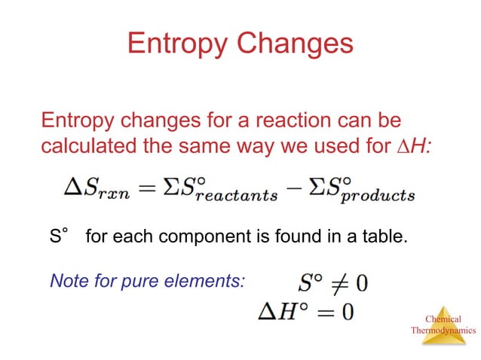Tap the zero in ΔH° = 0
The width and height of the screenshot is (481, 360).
point(346,311)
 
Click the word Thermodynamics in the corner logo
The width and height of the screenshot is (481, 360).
point(443,330)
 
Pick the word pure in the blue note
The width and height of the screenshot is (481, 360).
point(157,282)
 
